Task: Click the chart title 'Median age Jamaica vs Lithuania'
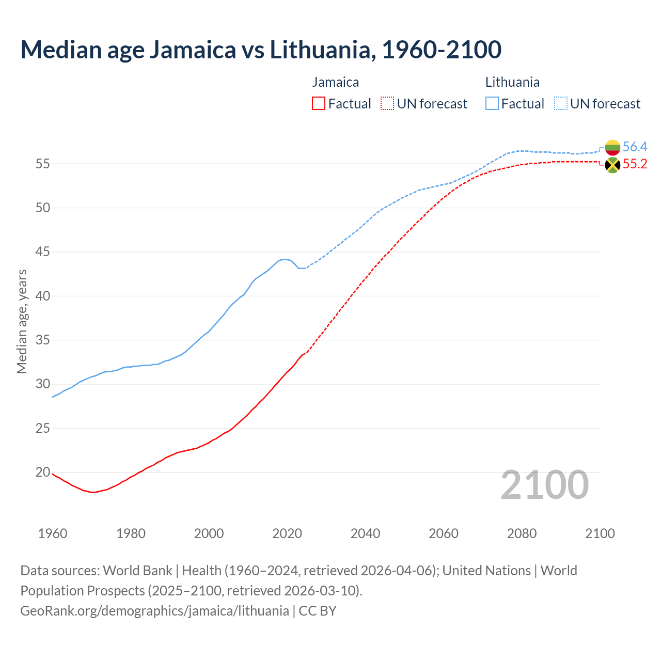point(261,50)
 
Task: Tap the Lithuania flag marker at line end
point(612,147)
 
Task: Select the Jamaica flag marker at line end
point(612,165)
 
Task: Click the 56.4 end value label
point(635,147)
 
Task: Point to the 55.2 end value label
point(635,164)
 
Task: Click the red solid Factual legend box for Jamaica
point(319,104)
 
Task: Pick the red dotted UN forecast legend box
point(387,104)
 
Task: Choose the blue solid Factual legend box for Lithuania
point(492,104)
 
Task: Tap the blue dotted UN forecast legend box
point(561,104)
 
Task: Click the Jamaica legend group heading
point(335,82)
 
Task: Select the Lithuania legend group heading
point(512,82)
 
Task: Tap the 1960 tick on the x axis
point(53,533)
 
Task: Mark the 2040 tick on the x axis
point(365,533)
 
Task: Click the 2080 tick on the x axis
point(522,533)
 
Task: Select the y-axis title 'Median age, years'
point(22,321)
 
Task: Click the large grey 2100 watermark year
point(545,484)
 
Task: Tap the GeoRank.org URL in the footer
point(154,611)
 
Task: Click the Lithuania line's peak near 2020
point(285,259)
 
